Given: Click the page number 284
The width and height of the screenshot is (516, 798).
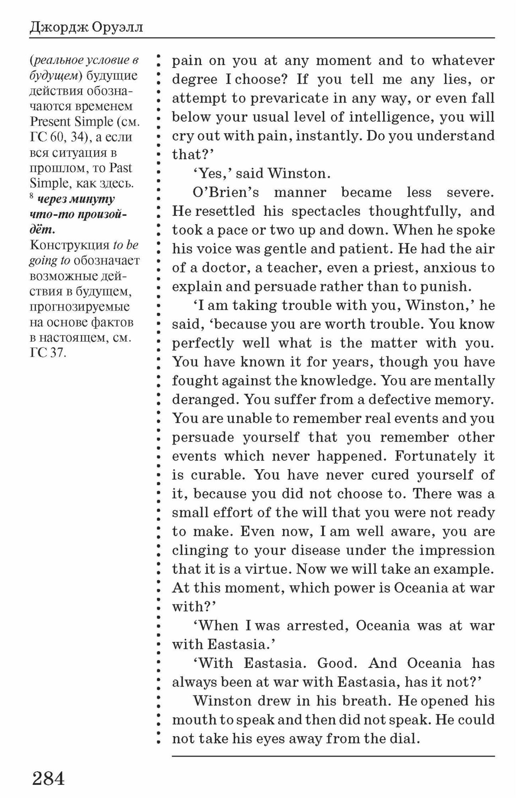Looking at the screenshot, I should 48,778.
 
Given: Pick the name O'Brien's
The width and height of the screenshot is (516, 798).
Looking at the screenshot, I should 226,192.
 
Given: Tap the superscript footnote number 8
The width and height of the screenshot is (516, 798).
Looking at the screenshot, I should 32,196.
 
